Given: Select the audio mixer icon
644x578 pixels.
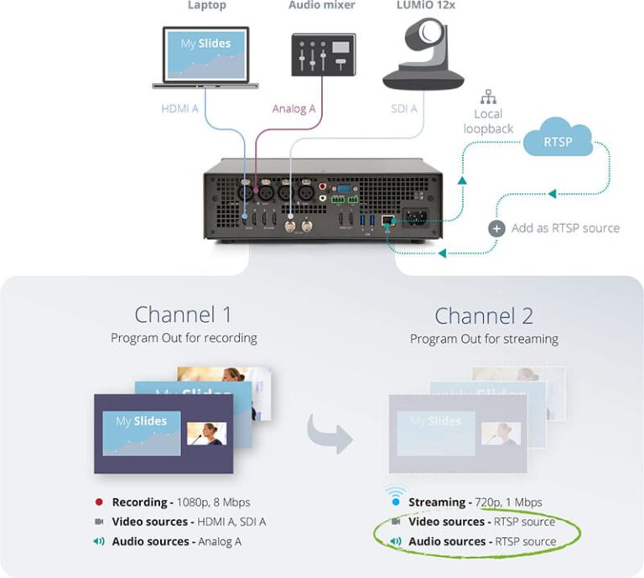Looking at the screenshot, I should (x=323, y=57).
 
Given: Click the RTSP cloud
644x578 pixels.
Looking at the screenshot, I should (x=557, y=140).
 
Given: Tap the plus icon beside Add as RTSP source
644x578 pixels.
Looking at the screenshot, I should (x=496, y=228).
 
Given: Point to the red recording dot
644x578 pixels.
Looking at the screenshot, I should (x=98, y=502).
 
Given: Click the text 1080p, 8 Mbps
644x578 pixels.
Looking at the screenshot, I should (x=213, y=502).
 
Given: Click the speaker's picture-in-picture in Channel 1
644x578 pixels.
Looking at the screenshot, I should (x=207, y=434).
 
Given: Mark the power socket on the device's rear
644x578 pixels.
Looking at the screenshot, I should (x=416, y=219).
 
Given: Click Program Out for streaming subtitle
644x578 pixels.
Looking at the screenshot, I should (x=484, y=339).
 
